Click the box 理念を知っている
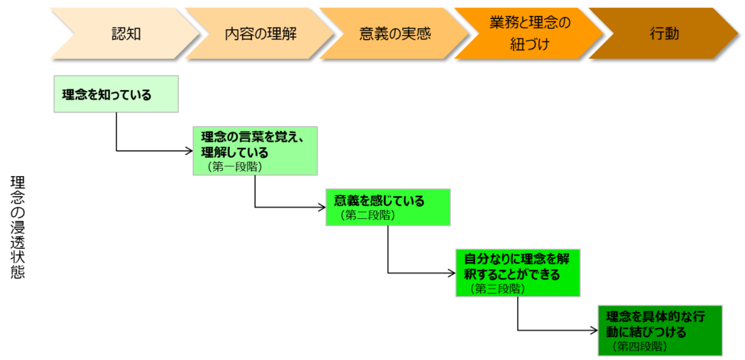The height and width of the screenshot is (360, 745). [x=116, y=95]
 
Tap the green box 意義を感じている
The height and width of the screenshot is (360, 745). [x=388, y=207]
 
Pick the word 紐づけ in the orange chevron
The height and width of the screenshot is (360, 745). [x=529, y=44]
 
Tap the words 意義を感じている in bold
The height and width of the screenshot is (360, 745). [x=378, y=201]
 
